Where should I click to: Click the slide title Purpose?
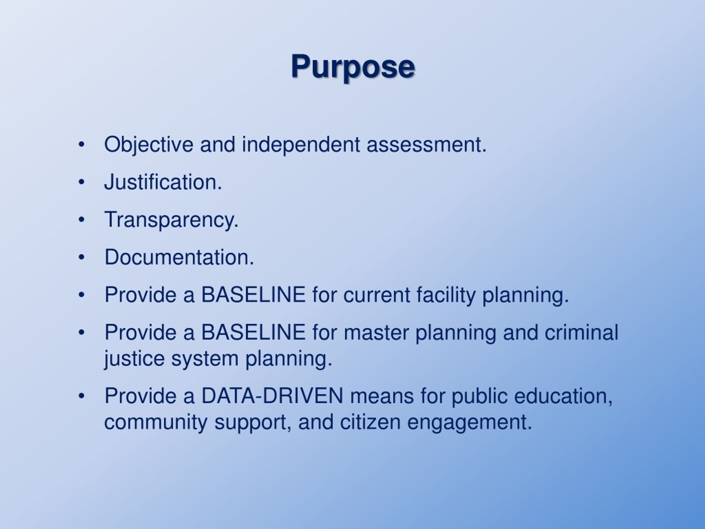pyautogui.click(x=352, y=66)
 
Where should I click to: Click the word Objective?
pyautogui.click(x=148, y=144)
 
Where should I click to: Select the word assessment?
pyautogui.click(x=426, y=144)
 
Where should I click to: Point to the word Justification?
pyautogui.click(x=163, y=182)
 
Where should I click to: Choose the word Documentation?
pyautogui.click(x=179, y=257)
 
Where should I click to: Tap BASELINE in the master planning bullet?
pyautogui.click(x=253, y=332)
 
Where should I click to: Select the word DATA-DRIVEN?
pyautogui.click(x=272, y=396)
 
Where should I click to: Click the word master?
pyautogui.click(x=376, y=332)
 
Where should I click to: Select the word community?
pyautogui.click(x=156, y=422)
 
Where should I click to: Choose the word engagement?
pyautogui.click(x=470, y=422)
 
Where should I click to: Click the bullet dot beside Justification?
pyautogui.click(x=82, y=182)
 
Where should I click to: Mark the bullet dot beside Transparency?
pyautogui.click(x=82, y=220)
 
